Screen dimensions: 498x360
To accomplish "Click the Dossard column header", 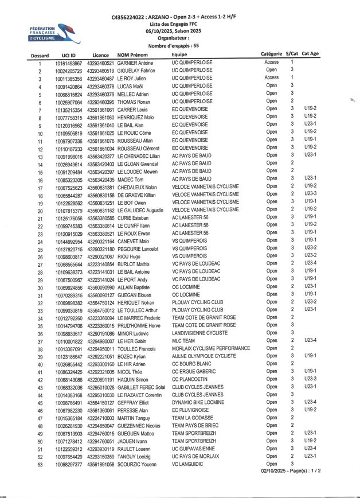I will [40, 55].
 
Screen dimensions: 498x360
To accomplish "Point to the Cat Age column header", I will [310, 54].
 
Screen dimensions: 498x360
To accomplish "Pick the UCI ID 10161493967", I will [69, 63].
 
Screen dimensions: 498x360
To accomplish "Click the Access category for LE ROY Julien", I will [271, 77].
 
